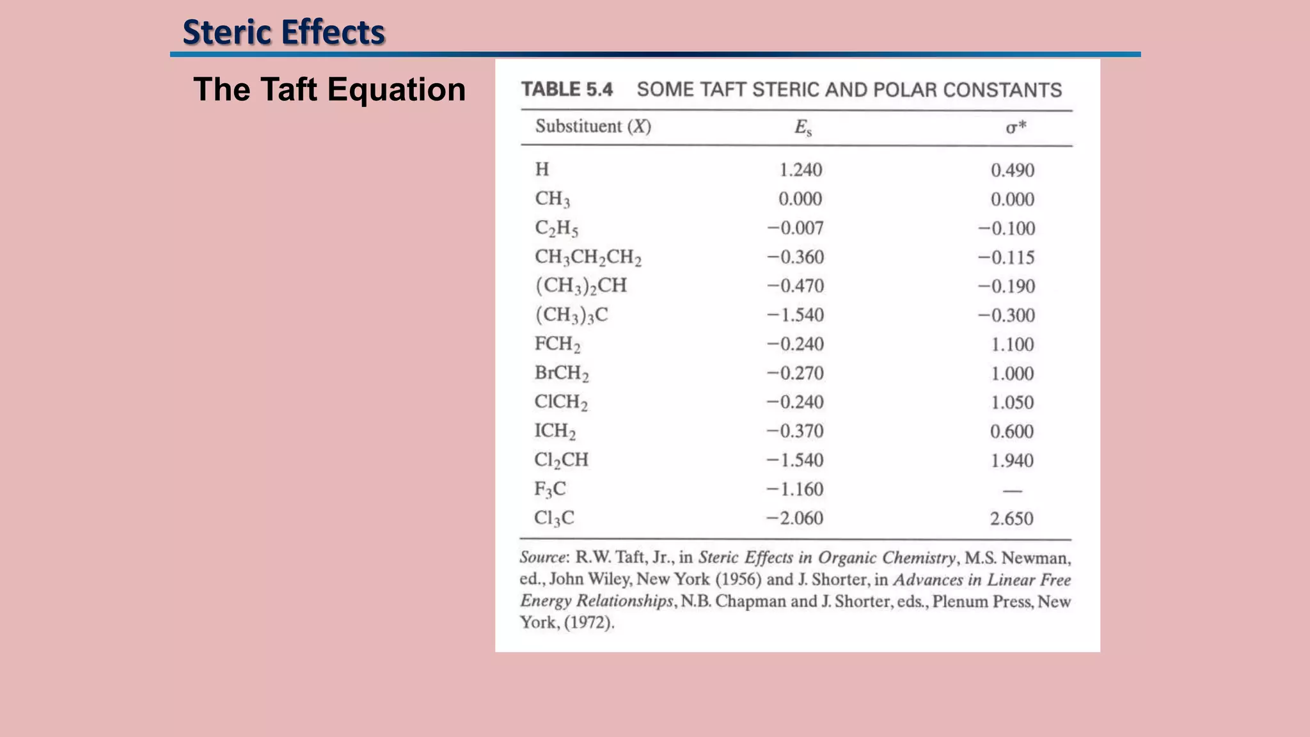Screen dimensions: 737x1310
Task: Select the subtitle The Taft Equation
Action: (x=329, y=89)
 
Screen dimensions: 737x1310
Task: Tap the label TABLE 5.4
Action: (x=567, y=89)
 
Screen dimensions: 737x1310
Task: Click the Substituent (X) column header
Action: (x=593, y=126)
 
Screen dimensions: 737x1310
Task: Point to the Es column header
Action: (x=803, y=128)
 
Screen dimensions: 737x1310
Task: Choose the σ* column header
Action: (x=1016, y=127)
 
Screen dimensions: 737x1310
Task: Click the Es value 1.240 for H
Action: (x=800, y=170)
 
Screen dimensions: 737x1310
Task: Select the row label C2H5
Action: (x=556, y=228)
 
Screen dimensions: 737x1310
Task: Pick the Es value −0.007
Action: (x=795, y=228)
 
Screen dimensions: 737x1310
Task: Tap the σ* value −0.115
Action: (x=1006, y=257)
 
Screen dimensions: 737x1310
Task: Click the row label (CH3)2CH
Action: (x=581, y=285)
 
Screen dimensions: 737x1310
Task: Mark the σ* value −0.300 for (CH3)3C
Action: (x=1006, y=315)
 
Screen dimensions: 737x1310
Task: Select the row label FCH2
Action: (x=558, y=344)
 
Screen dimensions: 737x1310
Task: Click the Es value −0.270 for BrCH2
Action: (x=795, y=373)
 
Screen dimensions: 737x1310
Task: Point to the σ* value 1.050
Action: (x=1012, y=402)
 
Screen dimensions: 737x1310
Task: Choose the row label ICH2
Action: (x=555, y=431)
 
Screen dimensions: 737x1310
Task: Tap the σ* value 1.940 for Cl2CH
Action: (x=1012, y=460)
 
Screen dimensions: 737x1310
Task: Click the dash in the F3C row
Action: (x=1013, y=491)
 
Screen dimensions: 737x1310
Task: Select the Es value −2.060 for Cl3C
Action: (x=795, y=518)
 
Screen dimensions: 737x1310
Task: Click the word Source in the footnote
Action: (x=543, y=557)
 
